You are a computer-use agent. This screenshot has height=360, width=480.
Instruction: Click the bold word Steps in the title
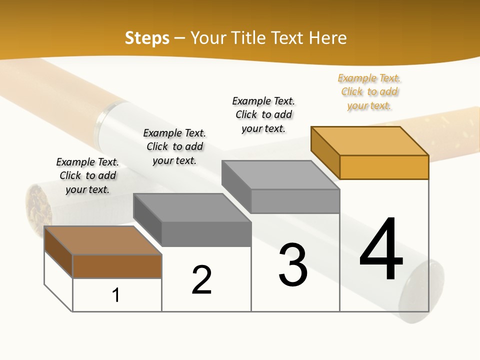click(x=147, y=38)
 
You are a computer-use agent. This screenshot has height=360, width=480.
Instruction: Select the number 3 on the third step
click(x=293, y=265)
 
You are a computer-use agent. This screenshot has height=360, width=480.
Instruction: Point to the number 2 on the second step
click(x=202, y=279)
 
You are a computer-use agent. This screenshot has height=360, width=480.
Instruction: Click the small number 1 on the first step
click(x=116, y=295)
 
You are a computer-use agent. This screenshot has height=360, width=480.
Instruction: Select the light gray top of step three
click(x=280, y=175)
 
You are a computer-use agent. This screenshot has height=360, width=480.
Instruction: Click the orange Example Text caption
click(x=369, y=92)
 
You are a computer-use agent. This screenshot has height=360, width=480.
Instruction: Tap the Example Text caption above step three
click(x=263, y=114)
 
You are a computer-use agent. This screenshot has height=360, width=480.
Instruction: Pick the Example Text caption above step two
click(x=174, y=146)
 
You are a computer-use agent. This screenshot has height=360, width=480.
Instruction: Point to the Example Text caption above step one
click(x=87, y=175)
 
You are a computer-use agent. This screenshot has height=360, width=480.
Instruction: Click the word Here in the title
click(x=328, y=38)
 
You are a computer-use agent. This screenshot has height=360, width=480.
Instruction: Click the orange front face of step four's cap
click(x=384, y=167)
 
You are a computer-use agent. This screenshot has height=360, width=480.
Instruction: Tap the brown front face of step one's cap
click(x=117, y=266)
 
